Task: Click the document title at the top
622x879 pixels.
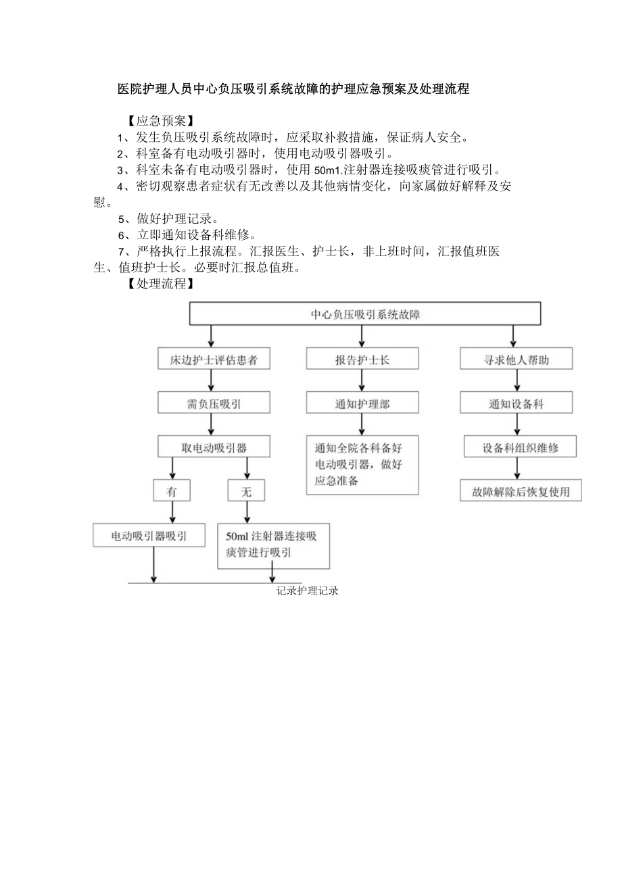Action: click(x=293, y=89)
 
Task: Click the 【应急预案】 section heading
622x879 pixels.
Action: click(x=160, y=122)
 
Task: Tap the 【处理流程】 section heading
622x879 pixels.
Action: click(x=160, y=284)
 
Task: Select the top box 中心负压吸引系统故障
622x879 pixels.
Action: click(x=365, y=314)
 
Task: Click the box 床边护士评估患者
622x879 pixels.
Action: click(x=213, y=359)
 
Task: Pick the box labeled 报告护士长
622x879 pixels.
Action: click(x=362, y=359)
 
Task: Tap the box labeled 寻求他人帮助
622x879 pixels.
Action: click(x=516, y=359)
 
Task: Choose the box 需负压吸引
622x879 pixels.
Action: click(x=213, y=404)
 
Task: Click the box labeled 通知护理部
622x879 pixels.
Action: click(x=362, y=404)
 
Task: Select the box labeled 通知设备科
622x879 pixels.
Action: click(x=516, y=404)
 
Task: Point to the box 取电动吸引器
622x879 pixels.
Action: click(x=213, y=447)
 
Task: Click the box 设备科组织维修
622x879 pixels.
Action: click(x=520, y=447)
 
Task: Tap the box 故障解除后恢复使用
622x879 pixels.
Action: click(x=521, y=491)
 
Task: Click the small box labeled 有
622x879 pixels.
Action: click(x=172, y=491)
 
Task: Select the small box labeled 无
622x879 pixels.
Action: click(x=246, y=491)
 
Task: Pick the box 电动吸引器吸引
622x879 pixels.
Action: click(x=149, y=536)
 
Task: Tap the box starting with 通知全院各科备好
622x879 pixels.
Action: click(x=362, y=465)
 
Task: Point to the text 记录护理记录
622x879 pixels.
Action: click(x=307, y=591)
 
